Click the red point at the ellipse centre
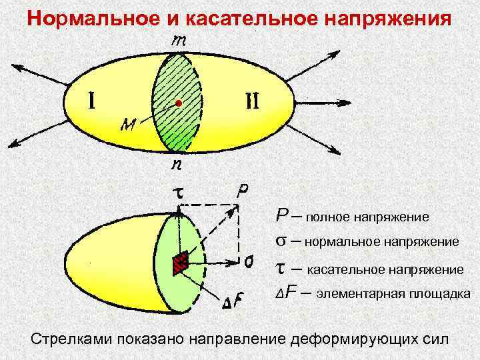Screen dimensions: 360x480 coord(179,103)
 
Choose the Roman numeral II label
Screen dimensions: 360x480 coord(254,102)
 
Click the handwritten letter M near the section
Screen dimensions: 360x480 coord(129,124)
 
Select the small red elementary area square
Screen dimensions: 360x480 coord(179,265)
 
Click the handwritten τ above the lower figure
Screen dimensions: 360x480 coord(179,192)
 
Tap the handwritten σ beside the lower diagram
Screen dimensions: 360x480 coord(248,262)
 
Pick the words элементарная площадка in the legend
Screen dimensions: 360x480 coord(393,293)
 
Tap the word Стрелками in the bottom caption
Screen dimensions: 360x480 coord(70,338)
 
